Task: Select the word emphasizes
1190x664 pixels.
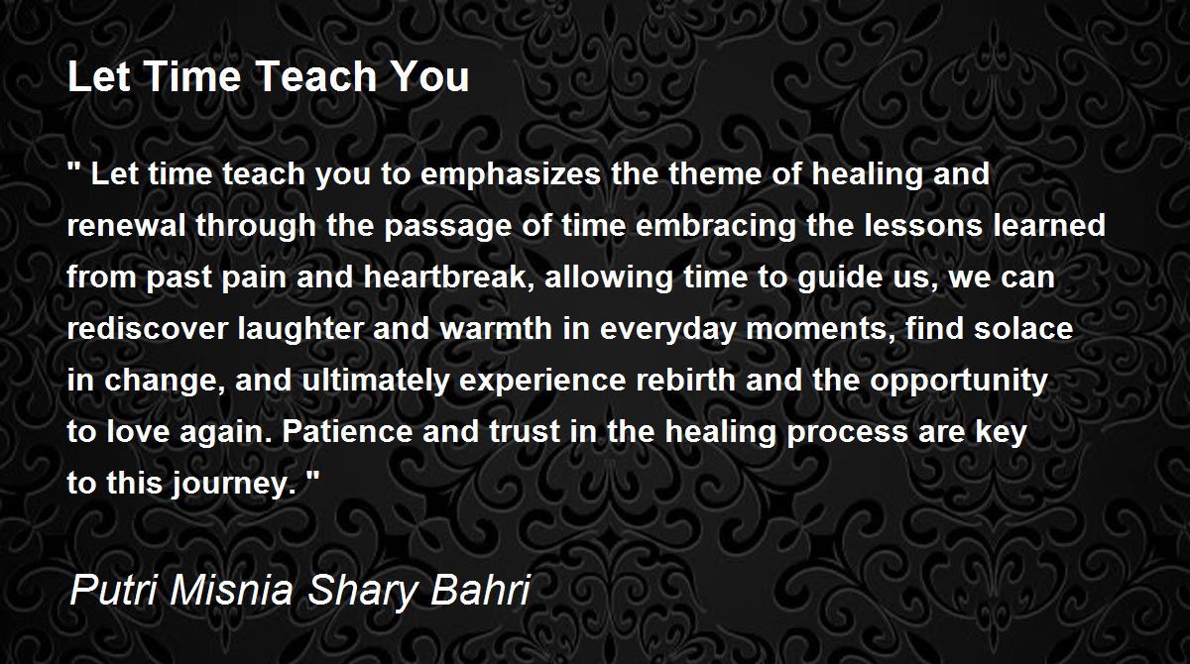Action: pos(511,175)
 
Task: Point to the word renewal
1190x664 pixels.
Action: pos(126,225)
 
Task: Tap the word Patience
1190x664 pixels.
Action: pos(347,431)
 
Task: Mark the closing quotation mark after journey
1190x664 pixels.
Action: pos(313,476)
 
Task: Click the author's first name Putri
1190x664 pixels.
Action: pos(113,591)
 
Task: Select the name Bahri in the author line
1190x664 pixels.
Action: pos(480,591)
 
